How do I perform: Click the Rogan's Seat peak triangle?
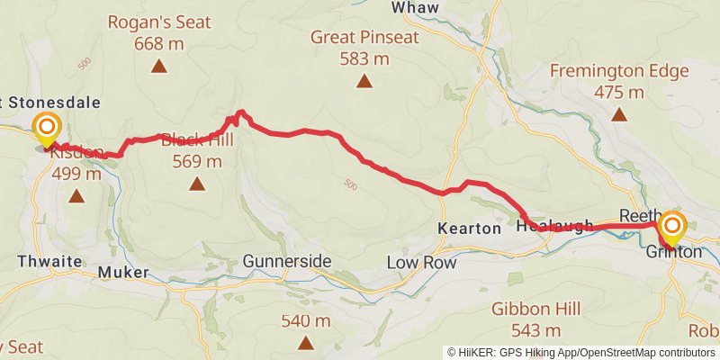pyautogui.click(x=159, y=65)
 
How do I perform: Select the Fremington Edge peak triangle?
pyautogui.click(x=619, y=113)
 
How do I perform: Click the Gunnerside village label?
pyautogui.click(x=287, y=262)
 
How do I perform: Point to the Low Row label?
pyautogui.click(x=421, y=263)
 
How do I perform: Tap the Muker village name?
pyautogui.click(x=115, y=269)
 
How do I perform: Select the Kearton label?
pyautogui.click(x=469, y=229)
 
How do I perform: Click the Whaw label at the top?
pyautogui.click(x=415, y=7)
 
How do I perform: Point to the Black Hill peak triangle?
pyautogui.click(x=197, y=184)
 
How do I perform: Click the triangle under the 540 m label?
pyautogui.click(x=307, y=342)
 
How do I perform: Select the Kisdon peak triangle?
pyautogui.click(x=76, y=195)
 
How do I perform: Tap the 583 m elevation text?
pyautogui.click(x=364, y=58)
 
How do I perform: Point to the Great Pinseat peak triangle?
pyautogui.click(x=364, y=81)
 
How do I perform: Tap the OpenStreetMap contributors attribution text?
pyautogui.click(x=646, y=352)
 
